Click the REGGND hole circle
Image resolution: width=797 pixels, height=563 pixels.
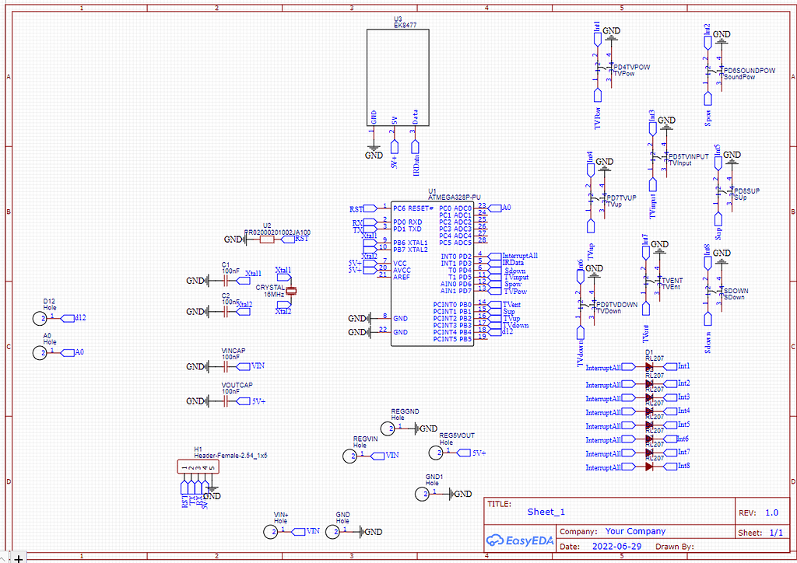[x=388, y=428]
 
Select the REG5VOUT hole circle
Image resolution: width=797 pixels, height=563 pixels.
[x=434, y=452]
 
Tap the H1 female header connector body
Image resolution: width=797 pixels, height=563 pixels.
[x=198, y=467]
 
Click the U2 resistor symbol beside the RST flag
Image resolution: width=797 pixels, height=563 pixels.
[x=267, y=240]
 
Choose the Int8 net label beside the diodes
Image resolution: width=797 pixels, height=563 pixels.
[x=683, y=466]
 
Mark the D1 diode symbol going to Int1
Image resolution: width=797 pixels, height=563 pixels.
[x=649, y=366]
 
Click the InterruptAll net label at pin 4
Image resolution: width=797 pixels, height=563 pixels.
[x=519, y=256]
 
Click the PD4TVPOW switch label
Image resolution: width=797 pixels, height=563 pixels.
[x=632, y=68]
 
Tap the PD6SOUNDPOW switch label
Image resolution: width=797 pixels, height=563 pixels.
[x=749, y=71]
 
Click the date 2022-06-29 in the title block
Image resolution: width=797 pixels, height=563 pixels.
[x=617, y=547]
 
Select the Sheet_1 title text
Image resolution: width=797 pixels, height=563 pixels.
[x=546, y=512]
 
